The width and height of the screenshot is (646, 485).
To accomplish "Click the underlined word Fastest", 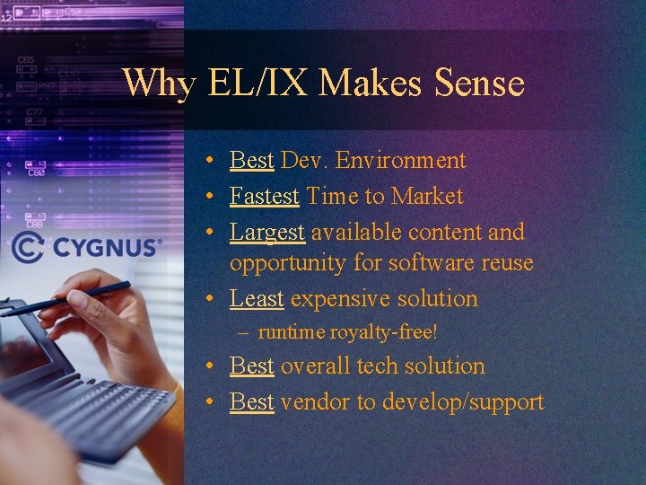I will point(265,196).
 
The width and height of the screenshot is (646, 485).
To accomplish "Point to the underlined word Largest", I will point(267,232).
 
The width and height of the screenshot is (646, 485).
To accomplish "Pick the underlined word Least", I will point(257,298).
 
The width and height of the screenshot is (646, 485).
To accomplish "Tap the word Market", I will point(427,196).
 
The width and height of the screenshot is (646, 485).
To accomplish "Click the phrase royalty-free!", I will point(383,332).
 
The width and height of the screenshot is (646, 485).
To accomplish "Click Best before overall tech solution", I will point(251,366).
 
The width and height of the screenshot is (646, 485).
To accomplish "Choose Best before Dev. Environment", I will point(251,161).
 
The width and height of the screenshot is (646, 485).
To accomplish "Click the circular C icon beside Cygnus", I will point(26,246).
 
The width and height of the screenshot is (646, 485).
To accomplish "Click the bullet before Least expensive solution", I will point(207,299).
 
